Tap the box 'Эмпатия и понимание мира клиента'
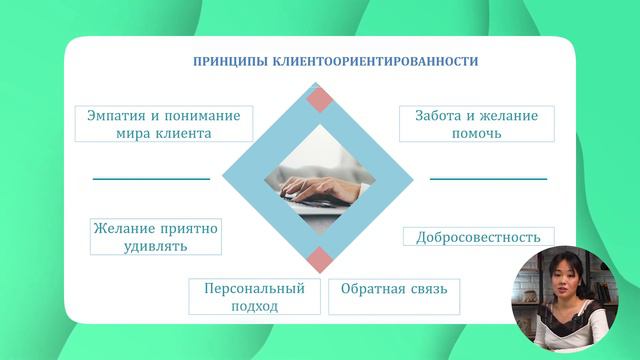(x=163, y=124)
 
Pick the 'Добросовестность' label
(x=477, y=237)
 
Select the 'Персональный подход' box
(x=254, y=297)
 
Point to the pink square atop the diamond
(x=319, y=99)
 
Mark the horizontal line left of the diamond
(x=151, y=179)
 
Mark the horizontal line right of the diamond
(x=488, y=179)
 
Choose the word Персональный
(x=254, y=288)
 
